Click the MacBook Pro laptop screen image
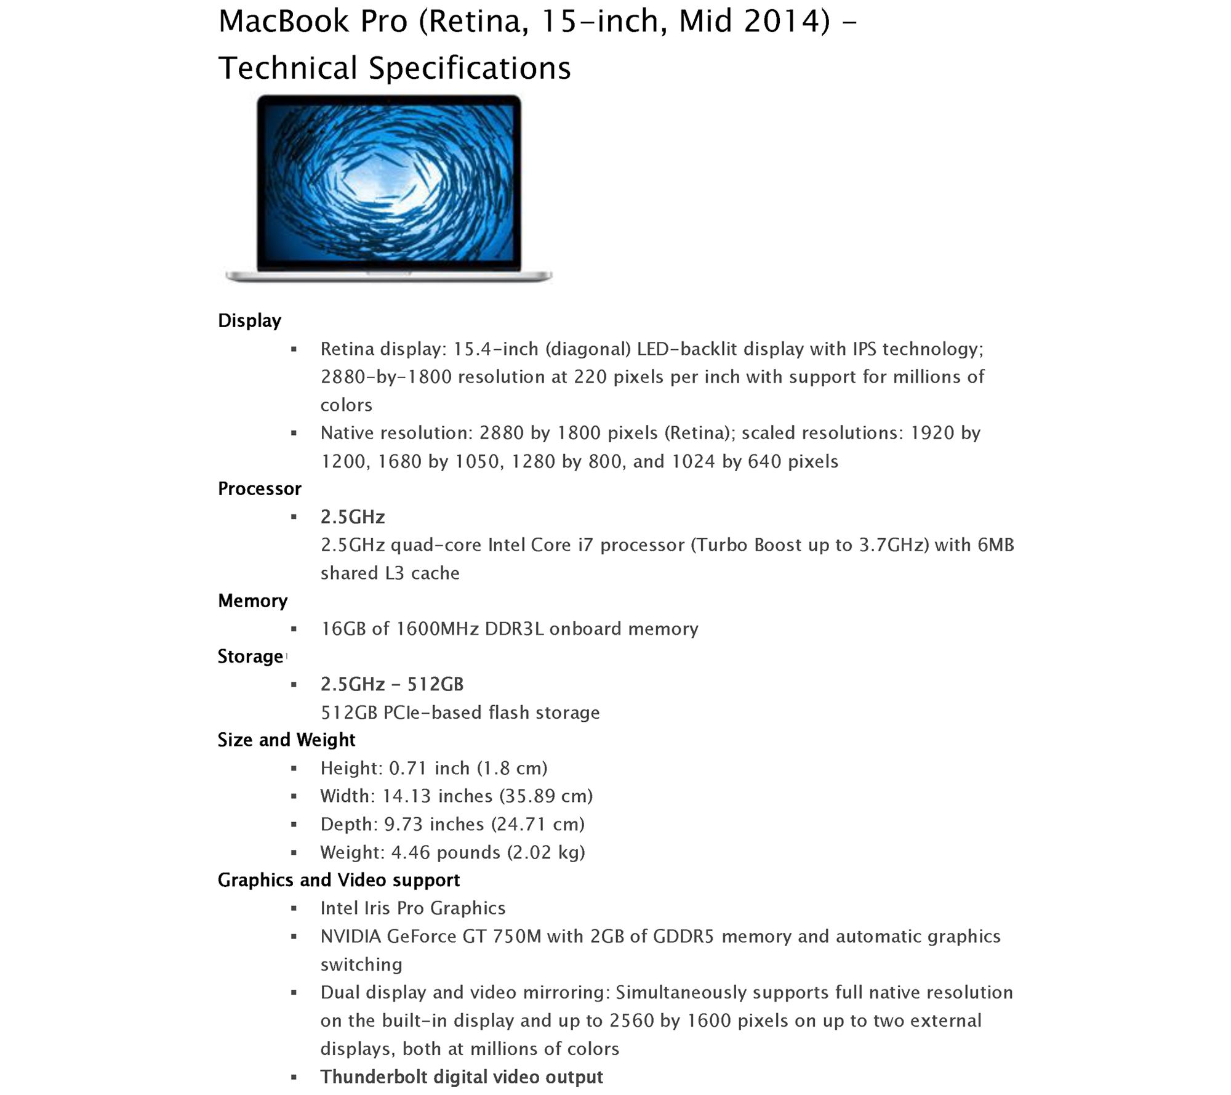388,183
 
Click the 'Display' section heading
249,321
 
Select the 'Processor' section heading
259,489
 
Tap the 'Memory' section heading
252,601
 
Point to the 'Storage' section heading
250,657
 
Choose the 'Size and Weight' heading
286,740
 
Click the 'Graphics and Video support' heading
339,880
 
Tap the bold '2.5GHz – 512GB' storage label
392,684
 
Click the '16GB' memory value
343,629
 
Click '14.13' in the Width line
406,796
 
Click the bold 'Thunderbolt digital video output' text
462,1077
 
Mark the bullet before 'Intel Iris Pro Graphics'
294,908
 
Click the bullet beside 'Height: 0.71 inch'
294,769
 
